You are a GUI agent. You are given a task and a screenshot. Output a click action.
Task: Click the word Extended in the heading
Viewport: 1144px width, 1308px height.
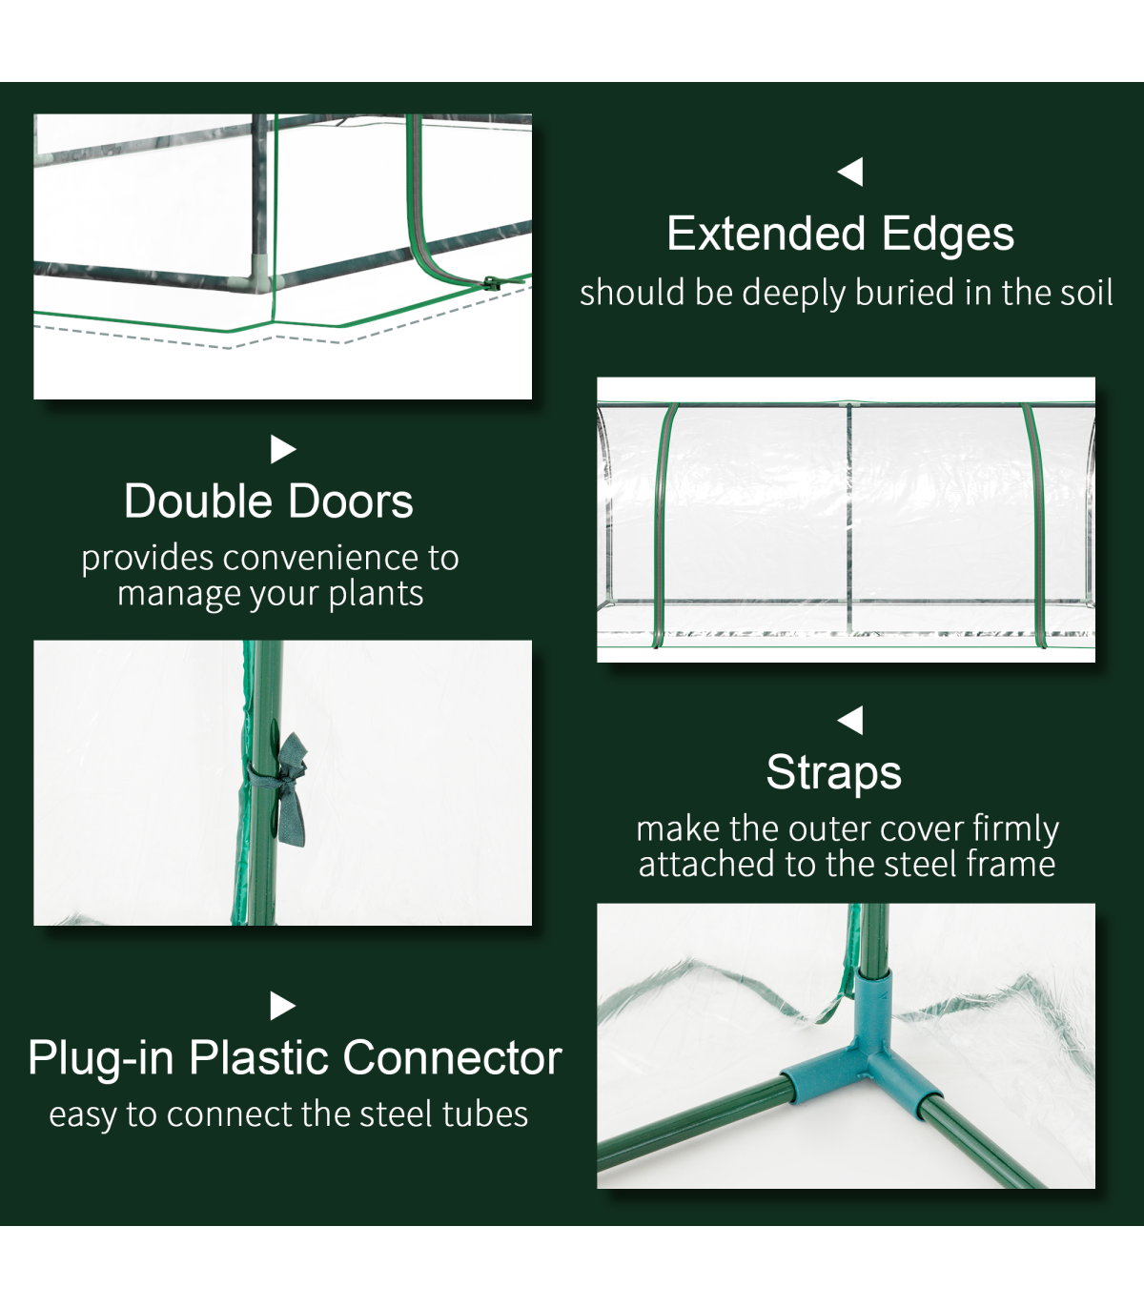pyautogui.click(x=766, y=234)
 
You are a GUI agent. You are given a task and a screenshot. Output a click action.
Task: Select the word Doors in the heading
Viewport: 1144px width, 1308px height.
pyautogui.click(x=350, y=501)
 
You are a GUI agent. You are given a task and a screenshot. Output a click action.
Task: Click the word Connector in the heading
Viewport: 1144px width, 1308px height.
pyautogui.click(x=452, y=1058)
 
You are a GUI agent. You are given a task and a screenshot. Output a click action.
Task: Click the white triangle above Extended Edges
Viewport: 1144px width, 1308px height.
pyautogui.click(x=850, y=172)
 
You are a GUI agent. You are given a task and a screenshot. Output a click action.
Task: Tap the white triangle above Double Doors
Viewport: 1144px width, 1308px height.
pyautogui.click(x=283, y=449)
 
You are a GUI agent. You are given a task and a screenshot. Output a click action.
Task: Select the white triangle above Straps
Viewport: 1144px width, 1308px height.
pyautogui.click(x=850, y=721)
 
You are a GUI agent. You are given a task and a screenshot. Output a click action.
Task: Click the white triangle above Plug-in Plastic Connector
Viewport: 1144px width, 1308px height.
pyautogui.click(x=283, y=1006)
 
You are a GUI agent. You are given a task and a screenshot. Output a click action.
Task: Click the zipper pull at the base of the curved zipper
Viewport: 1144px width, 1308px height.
pyautogui.click(x=491, y=283)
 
